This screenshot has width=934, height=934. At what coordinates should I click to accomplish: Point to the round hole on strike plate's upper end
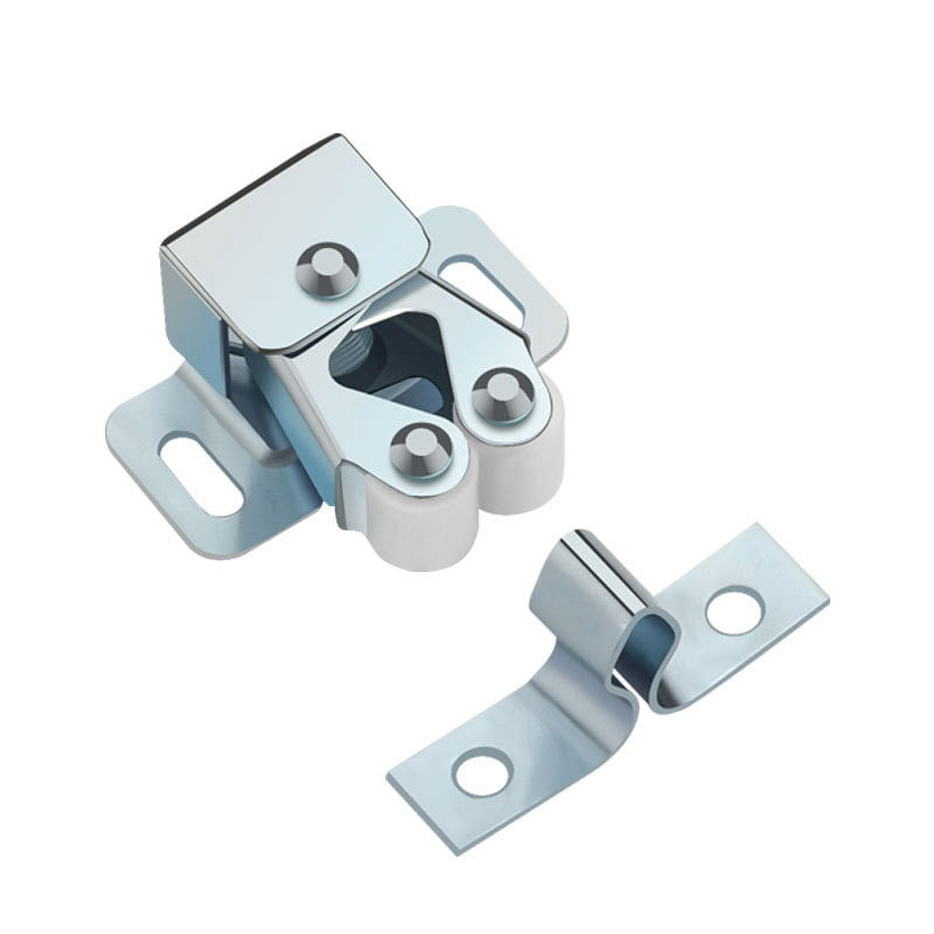pos(734,613)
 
